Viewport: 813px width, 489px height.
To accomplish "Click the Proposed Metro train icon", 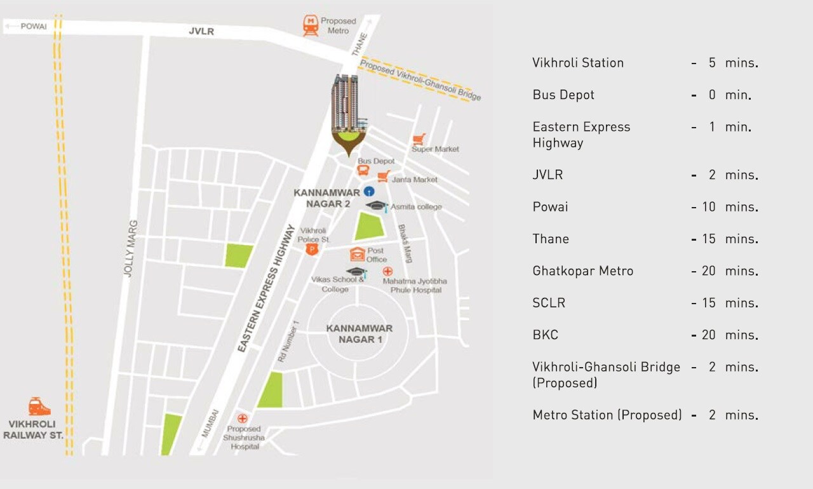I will [311, 25].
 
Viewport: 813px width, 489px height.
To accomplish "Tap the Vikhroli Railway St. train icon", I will [39, 407].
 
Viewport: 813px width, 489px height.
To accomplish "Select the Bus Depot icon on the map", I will [363, 171].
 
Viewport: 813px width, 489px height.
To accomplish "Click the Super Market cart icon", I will [419, 140].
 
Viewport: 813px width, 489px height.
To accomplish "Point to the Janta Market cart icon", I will [383, 176].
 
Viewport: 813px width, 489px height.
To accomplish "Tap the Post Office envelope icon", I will [357, 254].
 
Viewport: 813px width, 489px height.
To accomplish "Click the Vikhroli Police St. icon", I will [311, 250].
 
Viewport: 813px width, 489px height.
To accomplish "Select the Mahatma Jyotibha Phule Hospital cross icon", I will [387, 271].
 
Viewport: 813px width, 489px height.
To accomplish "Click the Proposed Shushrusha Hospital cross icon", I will [242, 418].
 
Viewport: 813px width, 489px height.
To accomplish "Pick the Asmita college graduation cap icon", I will [377, 205].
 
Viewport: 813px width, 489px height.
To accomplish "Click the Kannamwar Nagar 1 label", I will [359, 333].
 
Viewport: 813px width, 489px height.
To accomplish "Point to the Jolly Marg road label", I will [130, 248].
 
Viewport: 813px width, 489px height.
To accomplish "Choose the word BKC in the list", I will [546, 335].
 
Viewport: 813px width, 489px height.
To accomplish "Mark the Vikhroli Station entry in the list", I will [578, 63].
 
